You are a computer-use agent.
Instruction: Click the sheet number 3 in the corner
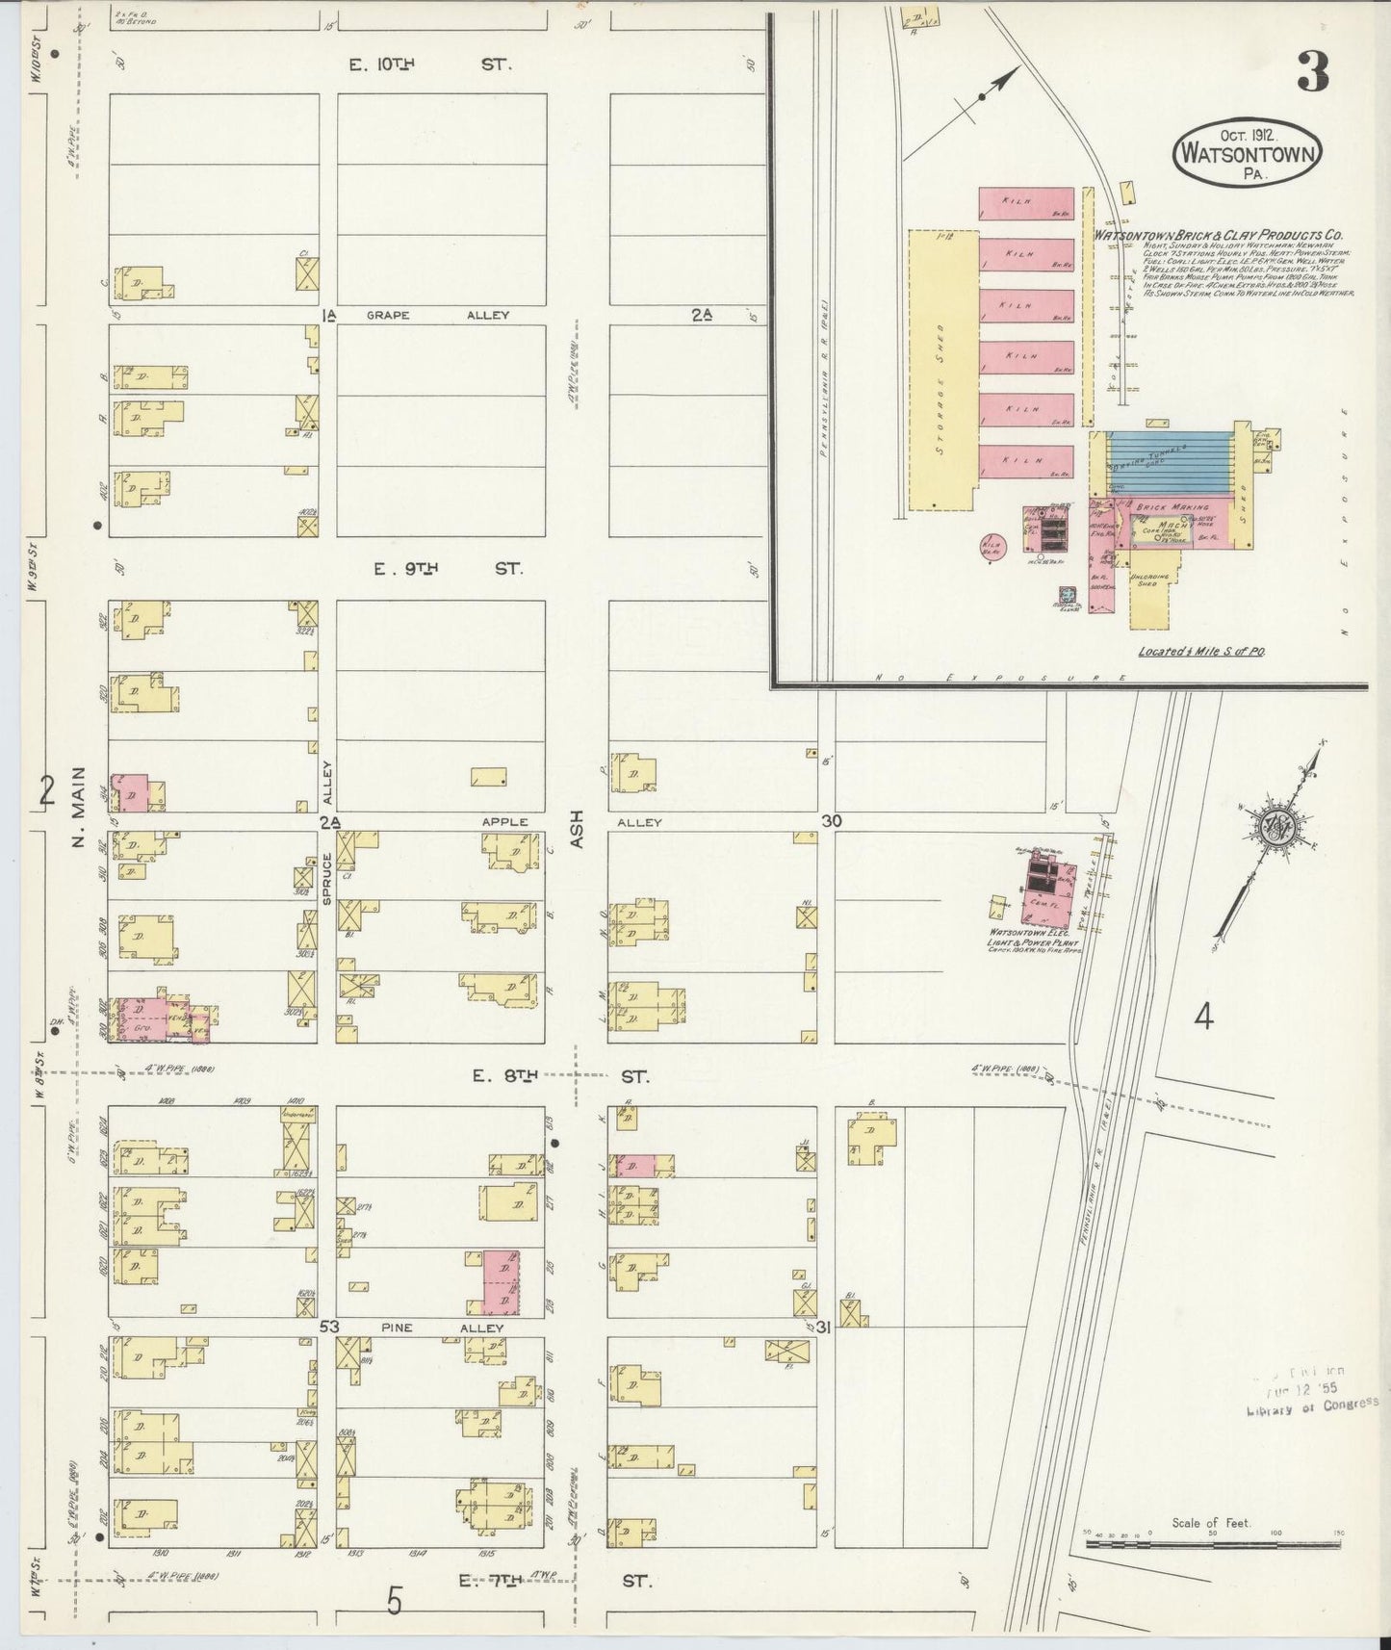(1313, 71)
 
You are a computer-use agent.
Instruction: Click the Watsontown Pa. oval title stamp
(1248, 155)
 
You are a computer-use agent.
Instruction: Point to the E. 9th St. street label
(448, 569)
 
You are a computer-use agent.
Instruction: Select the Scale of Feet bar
(1211, 1542)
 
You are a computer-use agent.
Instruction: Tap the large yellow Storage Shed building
(941, 369)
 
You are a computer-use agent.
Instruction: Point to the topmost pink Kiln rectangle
(1026, 202)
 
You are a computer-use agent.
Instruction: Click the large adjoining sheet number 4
(1202, 1017)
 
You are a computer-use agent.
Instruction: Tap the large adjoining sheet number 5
(393, 1601)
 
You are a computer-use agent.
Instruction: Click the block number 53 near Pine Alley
(329, 1328)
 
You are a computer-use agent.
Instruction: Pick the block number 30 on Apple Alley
(832, 820)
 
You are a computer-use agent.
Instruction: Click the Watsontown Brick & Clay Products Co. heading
(1218, 235)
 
